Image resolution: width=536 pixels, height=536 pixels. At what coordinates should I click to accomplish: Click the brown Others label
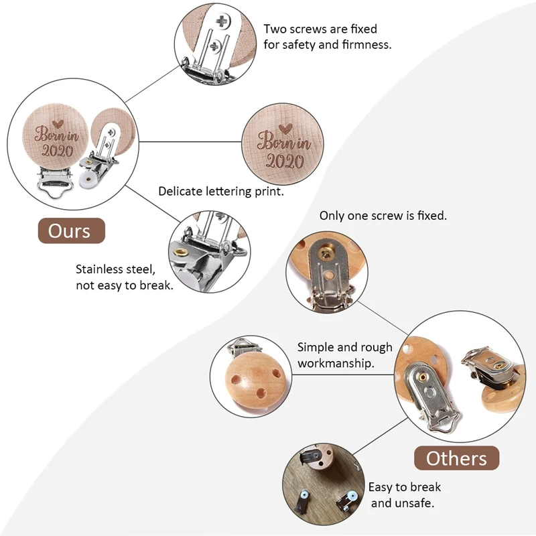pyautogui.click(x=456, y=459)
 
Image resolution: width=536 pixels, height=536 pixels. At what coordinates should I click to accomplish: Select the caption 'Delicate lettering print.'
pyautogui.click(x=221, y=192)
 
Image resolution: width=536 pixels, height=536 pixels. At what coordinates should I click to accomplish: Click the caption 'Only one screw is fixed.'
pyautogui.click(x=383, y=216)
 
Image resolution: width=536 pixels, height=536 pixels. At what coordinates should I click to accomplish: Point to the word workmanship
pyautogui.click(x=336, y=363)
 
